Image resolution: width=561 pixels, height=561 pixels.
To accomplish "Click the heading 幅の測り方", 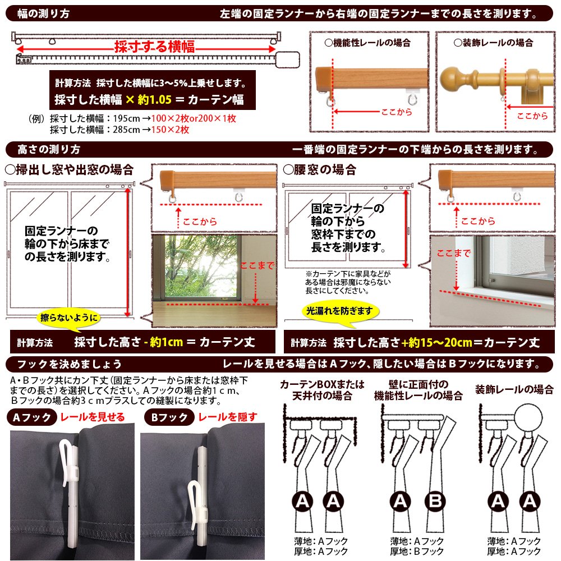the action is (x=43, y=13).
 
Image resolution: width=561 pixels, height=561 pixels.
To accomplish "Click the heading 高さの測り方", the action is (x=49, y=149).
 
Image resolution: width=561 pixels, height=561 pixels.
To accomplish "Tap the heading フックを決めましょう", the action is (x=69, y=364).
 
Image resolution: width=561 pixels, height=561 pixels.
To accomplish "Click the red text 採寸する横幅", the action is (x=155, y=47).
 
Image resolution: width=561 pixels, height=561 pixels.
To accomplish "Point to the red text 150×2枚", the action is (x=171, y=130).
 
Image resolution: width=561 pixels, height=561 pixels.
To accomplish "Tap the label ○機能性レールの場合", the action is (x=367, y=43).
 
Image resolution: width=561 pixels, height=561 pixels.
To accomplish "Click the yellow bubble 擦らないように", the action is (x=68, y=318).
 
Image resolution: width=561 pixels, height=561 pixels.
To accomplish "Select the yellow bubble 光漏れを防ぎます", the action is (x=339, y=311).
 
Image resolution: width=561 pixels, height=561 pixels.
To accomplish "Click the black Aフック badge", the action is (x=32, y=417).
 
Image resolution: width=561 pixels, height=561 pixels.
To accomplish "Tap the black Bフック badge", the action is (x=169, y=417).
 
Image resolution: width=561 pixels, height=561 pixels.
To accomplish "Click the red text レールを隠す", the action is (x=228, y=417).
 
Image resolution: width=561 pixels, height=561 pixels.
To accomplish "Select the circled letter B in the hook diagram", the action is (x=435, y=501).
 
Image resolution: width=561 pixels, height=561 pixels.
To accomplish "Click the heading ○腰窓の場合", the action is (x=320, y=169).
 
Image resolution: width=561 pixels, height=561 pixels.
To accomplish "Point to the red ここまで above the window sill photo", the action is (x=453, y=254).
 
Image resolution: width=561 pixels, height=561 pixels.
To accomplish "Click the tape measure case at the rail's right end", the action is (x=287, y=59).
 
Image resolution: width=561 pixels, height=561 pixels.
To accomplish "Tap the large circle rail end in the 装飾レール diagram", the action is (x=528, y=417).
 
